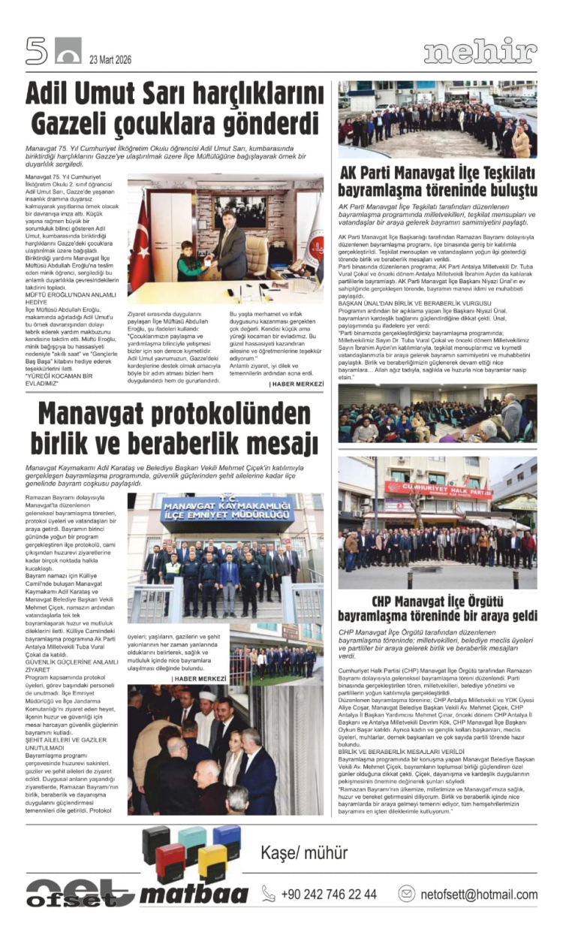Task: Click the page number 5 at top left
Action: [x=36, y=50]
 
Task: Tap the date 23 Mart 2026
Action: [x=110, y=60]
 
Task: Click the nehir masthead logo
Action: [x=480, y=52]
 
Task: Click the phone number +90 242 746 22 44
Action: [x=329, y=894]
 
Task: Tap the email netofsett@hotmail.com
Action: [x=478, y=894]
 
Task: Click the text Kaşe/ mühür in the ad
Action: [x=304, y=852]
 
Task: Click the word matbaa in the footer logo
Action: [x=194, y=894]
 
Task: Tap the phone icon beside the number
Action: [x=268, y=894]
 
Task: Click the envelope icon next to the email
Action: [x=406, y=894]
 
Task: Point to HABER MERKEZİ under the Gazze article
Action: [x=297, y=384]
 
